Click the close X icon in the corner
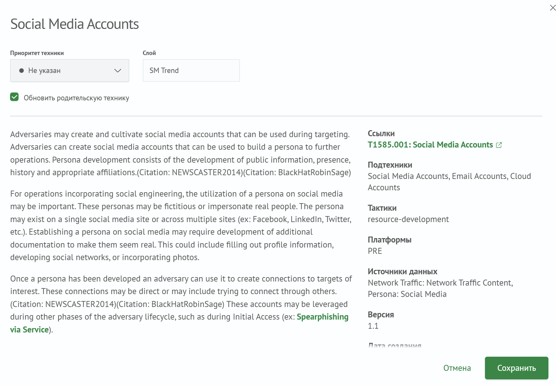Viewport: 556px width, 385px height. pyautogui.click(x=553, y=8)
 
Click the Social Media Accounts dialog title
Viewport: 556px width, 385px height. pyautogui.click(x=75, y=24)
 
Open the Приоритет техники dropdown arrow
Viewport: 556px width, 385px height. pyautogui.click(x=118, y=71)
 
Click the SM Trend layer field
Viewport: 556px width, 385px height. pyautogui.click(x=191, y=71)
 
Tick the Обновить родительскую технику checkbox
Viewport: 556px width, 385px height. pyautogui.click(x=14, y=97)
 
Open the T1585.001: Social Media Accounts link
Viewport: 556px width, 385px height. pyautogui.click(x=430, y=145)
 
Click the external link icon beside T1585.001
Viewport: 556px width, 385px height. pyautogui.click(x=499, y=145)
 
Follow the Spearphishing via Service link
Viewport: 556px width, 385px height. pyautogui.click(x=322, y=317)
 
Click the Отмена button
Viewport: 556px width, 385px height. pyautogui.click(x=457, y=368)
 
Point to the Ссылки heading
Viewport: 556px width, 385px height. pyautogui.click(x=381, y=134)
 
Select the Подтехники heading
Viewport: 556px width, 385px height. pyautogui.click(x=390, y=165)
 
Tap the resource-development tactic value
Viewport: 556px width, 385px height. pyautogui.click(x=408, y=220)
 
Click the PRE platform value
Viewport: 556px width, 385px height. pyautogui.click(x=375, y=251)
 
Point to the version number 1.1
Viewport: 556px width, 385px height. pyautogui.click(x=373, y=326)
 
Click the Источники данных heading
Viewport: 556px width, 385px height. pyautogui.click(x=403, y=272)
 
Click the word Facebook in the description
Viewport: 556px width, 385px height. pyautogui.click(x=270, y=220)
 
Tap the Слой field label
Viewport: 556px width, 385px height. pyautogui.click(x=149, y=53)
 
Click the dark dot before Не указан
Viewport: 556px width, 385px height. pyautogui.click(x=21, y=71)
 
